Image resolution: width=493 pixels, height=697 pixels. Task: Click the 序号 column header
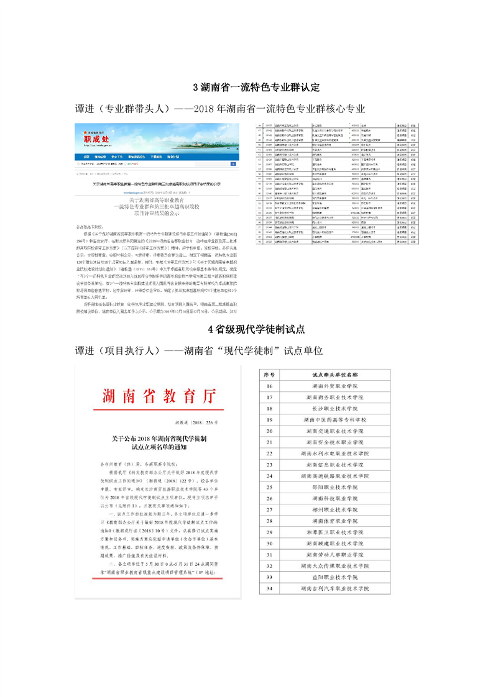coord(269,375)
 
